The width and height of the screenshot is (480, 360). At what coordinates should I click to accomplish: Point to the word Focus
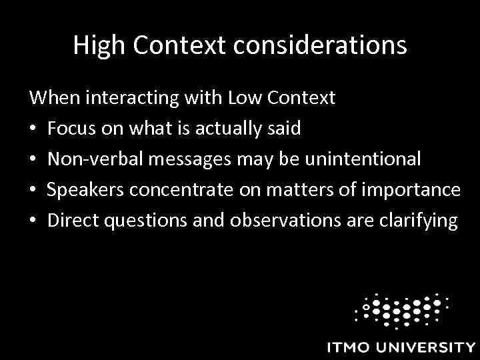point(71,129)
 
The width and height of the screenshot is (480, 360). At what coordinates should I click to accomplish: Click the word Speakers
point(79,190)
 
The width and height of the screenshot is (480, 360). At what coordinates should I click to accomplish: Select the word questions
point(143,221)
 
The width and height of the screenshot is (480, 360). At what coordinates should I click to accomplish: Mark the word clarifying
point(418,221)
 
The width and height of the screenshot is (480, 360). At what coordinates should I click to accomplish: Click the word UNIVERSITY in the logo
point(427,347)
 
